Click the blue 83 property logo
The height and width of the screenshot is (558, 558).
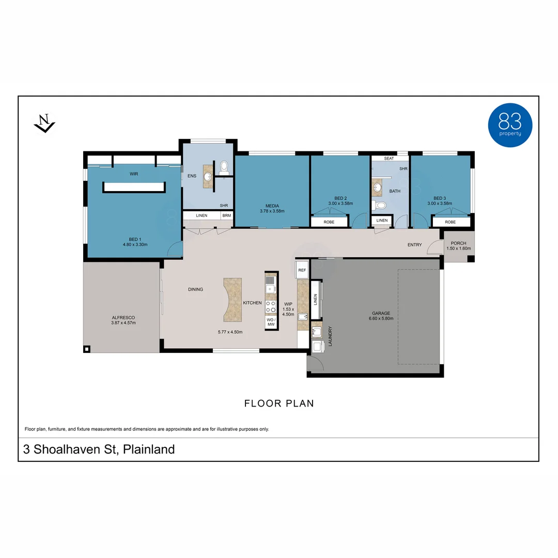click(x=510, y=125)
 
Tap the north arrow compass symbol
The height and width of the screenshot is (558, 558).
click(x=44, y=123)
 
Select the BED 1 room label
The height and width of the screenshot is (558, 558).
click(x=135, y=240)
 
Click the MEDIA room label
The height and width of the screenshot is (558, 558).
click(x=272, y=206)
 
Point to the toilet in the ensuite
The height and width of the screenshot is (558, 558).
click(x=224, y=167)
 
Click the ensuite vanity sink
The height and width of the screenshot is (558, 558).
click(x=208, y=176)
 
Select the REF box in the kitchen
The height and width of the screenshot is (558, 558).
click(x=302, y=270)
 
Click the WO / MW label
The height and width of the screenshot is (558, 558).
click(x=271, y=322)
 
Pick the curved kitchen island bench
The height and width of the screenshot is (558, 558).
click(x=232, y=300)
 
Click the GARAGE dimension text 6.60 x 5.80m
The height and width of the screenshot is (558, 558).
click(x=381, y=318)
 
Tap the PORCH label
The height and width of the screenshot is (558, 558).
click(x=458, y=243)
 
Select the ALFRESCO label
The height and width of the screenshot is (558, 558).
click(x=123, y=317)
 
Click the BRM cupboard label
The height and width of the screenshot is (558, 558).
click(x=227, y=215)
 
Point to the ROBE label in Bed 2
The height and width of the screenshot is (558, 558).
click(x=329, y=222)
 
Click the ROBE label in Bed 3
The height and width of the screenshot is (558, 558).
click(x=450, y=222)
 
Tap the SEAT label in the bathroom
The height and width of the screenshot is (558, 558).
click(x=389, y=159)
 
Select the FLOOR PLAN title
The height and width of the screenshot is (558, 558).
click(x=279, y=403)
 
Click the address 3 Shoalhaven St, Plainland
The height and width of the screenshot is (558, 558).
click(x=99, y=450)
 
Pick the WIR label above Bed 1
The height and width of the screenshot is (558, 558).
click(x=134, y=174)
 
